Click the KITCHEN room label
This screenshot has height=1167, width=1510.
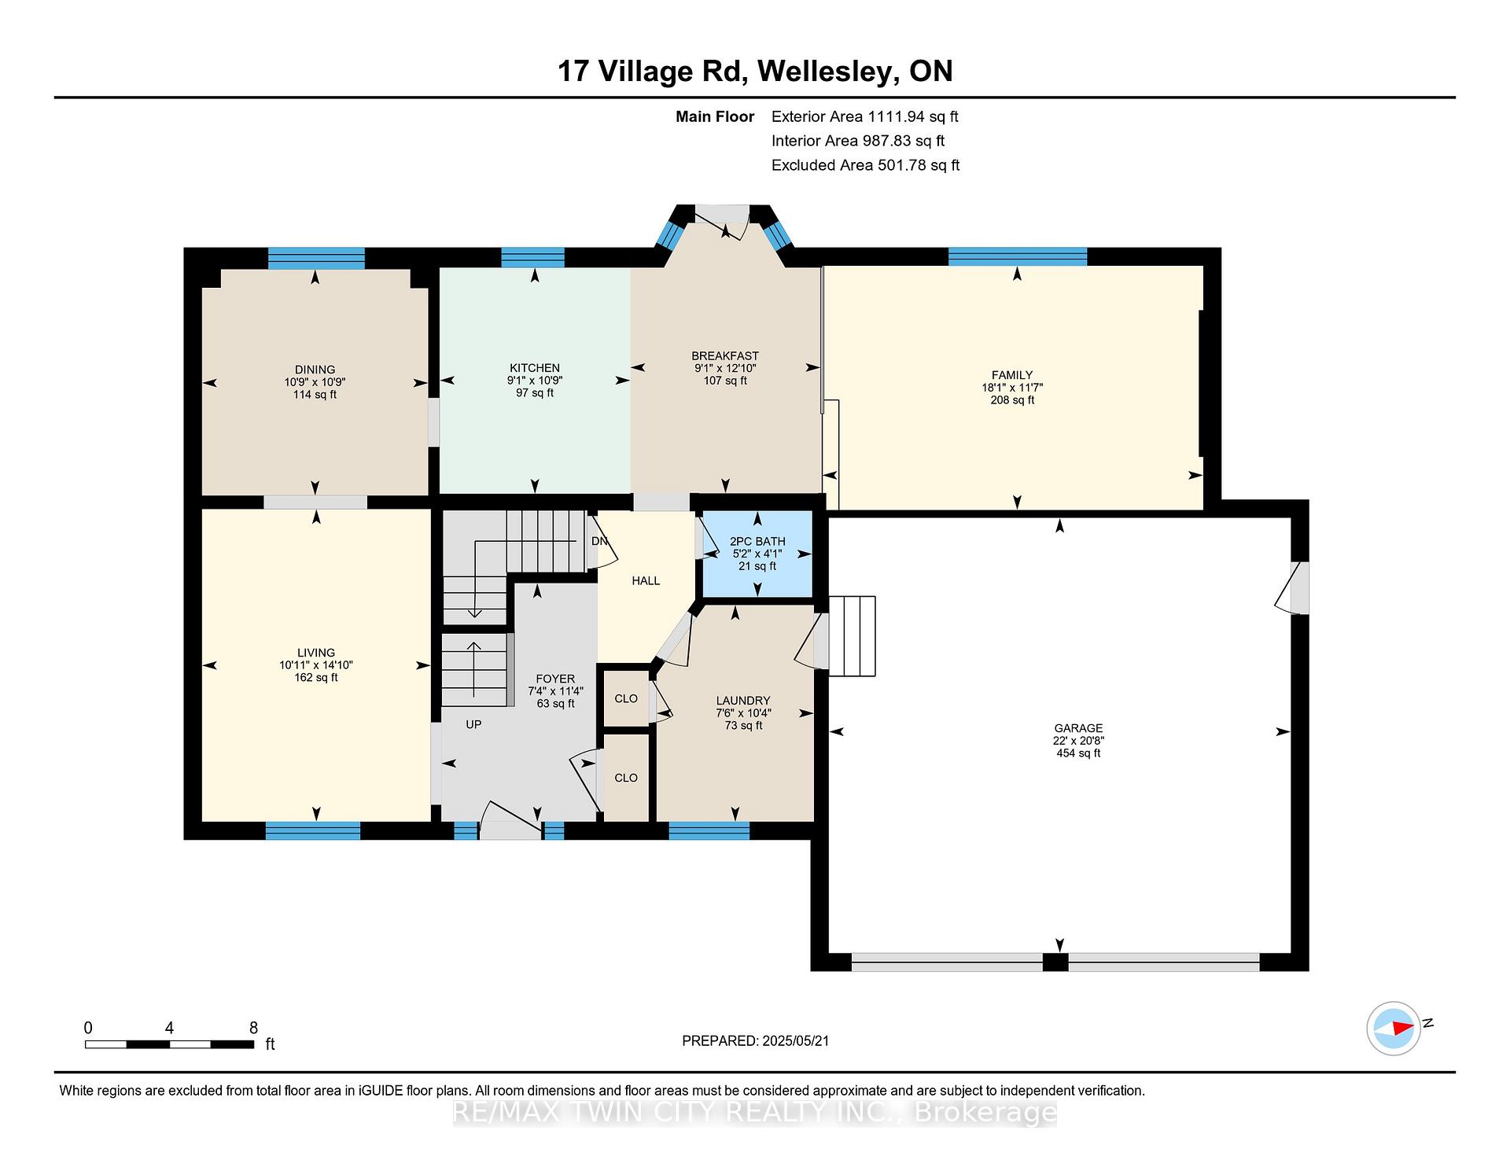tap(535, 368)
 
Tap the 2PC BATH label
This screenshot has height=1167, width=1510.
tap(757, 541)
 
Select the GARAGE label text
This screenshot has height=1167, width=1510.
tap(1078, 728)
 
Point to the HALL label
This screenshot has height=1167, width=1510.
tap(646, 580)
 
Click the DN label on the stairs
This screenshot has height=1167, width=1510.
tap(599, 541)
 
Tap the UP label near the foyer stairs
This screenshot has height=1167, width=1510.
tap(473, 724)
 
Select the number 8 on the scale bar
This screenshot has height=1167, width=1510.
tap(253, 1028)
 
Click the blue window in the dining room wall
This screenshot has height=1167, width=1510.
tap(316, 258)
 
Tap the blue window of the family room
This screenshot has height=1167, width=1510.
tap(1018, 256)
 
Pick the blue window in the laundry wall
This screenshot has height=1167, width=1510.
tap(709, 830)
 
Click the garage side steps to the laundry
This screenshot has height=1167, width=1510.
tap(852, 636)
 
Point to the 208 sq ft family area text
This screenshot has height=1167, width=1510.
tap(1012, 400)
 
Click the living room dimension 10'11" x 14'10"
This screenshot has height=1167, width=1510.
tap(316, 665)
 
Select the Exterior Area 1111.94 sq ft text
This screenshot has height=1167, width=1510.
tap(865, 117)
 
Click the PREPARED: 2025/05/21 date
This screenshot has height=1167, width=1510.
tap(756, 1041)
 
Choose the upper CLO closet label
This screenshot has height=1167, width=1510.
tap(626, 698)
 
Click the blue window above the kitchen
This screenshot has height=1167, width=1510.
tap(533, 257)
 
